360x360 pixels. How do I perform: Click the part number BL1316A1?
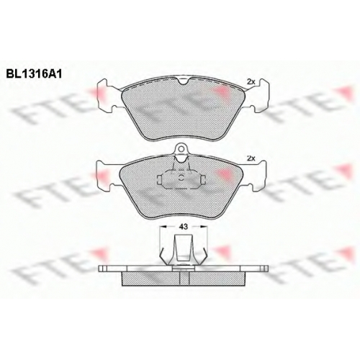pos(34,74)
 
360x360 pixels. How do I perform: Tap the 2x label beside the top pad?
pos(251,82)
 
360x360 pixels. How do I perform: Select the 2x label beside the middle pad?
pos(251,158)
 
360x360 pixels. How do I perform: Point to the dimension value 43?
pos(184,227)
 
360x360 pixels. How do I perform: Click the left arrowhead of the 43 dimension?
pos(163,227)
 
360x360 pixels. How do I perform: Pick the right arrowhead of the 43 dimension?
pos(204,227)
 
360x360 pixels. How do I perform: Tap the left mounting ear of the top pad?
pos(107,96)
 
